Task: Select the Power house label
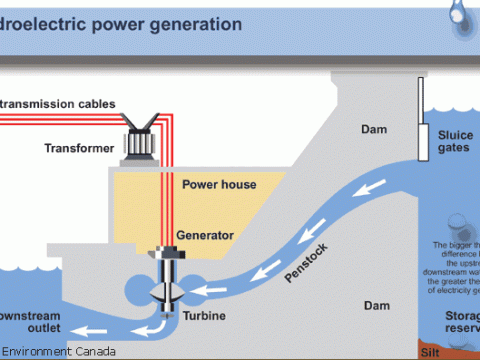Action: click(219, 184)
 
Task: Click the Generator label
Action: click(205, 235)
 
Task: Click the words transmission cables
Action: click(60, 104)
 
